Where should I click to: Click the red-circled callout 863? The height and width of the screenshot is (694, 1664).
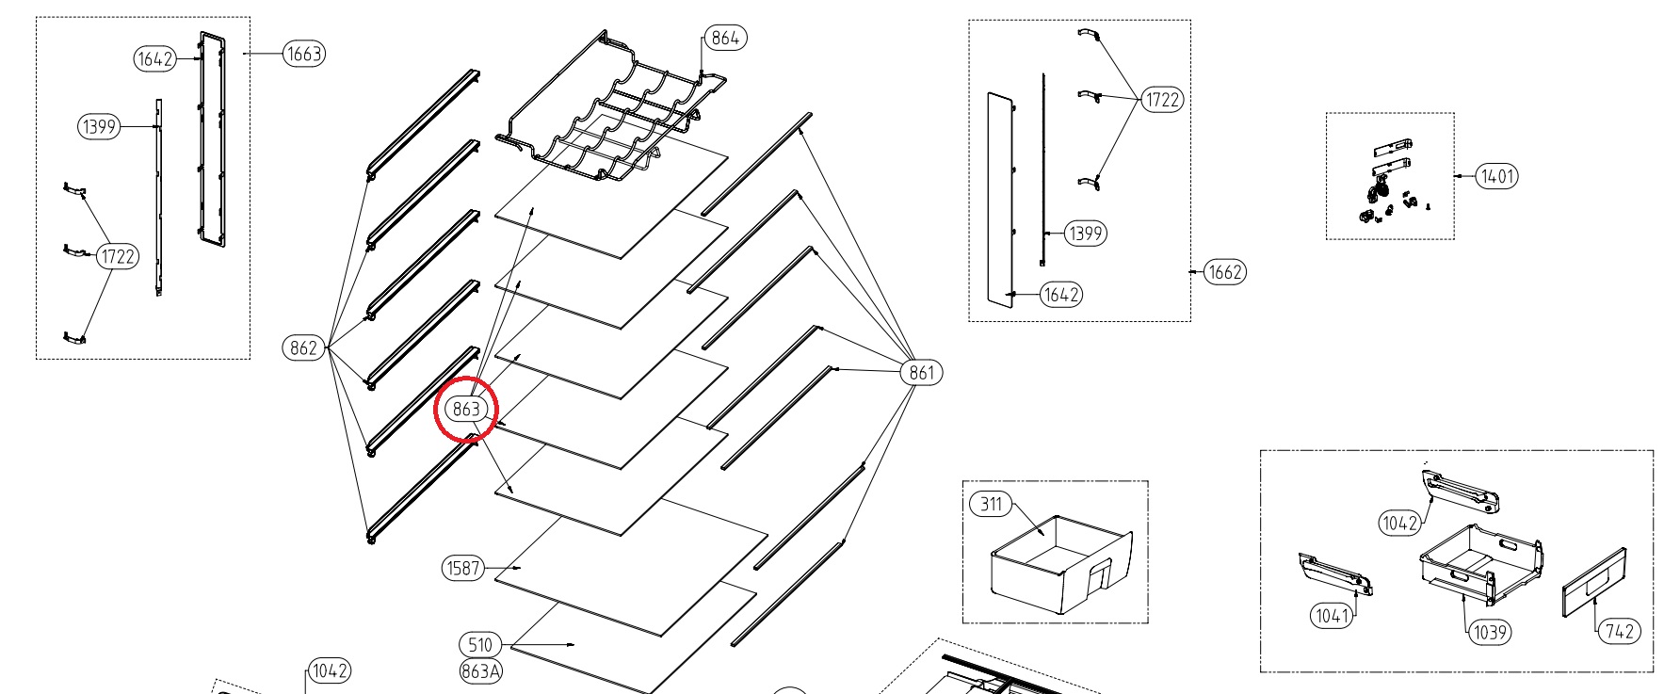coord(466,409)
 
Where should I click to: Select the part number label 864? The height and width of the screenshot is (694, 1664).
coord(725,38)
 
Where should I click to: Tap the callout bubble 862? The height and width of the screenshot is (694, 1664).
coord(303,347)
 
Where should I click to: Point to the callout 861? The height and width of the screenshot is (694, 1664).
coord(921,372)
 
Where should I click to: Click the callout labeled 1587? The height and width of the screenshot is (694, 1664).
coord(463,568)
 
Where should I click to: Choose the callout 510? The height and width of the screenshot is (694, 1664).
coord(480,645)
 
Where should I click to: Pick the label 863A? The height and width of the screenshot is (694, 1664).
coord(481,670)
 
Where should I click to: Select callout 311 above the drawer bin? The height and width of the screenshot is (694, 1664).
coord(991,504)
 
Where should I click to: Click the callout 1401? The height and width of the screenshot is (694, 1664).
coord(1496,176)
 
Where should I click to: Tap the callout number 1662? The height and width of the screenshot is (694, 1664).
coord(1225,272)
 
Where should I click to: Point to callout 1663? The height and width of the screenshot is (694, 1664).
coord(304,54)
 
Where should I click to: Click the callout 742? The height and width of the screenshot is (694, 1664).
coord(1618,631)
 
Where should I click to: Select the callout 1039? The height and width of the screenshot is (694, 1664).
coord(1490,632)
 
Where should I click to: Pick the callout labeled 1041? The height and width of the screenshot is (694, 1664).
coord(1332,616)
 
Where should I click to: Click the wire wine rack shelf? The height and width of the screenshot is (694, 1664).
coord(612,113)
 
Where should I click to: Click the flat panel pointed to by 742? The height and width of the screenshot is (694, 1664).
coord(1594,582)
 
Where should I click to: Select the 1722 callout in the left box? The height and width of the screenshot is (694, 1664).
coord(117,256)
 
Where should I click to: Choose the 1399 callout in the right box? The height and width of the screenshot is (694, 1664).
coord(1085,234)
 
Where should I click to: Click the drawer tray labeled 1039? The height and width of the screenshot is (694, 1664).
coord(1480,563)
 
